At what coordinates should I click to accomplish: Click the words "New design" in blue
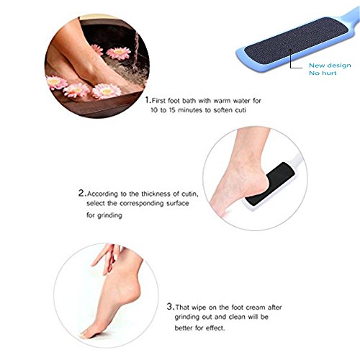point(330,66)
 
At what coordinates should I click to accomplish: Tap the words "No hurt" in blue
point(323,73)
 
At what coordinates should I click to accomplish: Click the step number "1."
point(148,100)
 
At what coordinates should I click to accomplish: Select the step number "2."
point(82,193)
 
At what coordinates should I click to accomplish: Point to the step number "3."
point(171,307)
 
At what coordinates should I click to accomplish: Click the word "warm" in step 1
point(221,101)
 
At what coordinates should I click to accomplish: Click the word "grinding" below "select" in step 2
point(109,215)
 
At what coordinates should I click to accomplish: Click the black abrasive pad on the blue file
point(297,41)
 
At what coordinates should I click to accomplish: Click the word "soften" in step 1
point(222,110)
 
